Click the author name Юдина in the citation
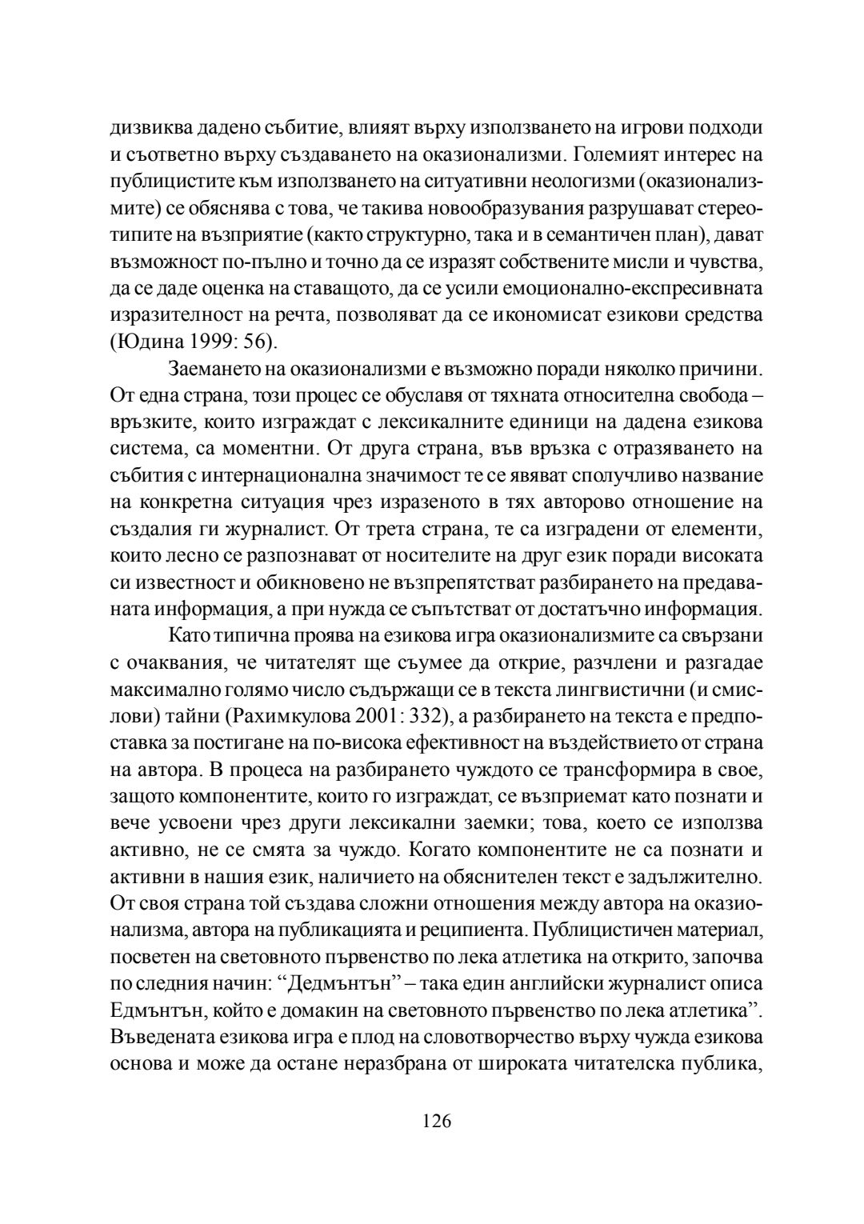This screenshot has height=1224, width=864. click(146, 343)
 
